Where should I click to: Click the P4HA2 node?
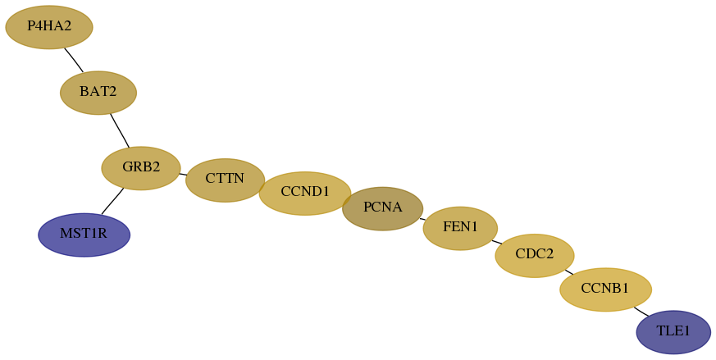[49, 27]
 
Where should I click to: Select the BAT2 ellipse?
[98, 93]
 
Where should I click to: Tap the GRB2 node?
[141, 168]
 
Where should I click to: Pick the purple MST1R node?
[84, 235]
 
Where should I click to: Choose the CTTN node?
[225, 180]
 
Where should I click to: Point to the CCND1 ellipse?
[305, 194]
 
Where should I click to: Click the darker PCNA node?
[383, 208]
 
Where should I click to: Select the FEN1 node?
[460, 228]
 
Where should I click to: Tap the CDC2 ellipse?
[535, 255]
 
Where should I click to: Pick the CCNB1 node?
[605, 289]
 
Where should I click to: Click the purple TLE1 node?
[673, 332]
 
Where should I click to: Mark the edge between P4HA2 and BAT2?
[74, 60]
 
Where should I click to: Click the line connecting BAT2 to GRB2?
[120, 130]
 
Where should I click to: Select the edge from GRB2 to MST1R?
[112, 201]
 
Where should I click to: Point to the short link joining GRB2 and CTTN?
[183, 174]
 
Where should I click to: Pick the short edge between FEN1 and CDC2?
[497, 242]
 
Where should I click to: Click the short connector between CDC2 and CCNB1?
[569, 271]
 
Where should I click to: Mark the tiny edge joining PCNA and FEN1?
[423, 219]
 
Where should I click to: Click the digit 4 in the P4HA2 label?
[38, 26]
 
